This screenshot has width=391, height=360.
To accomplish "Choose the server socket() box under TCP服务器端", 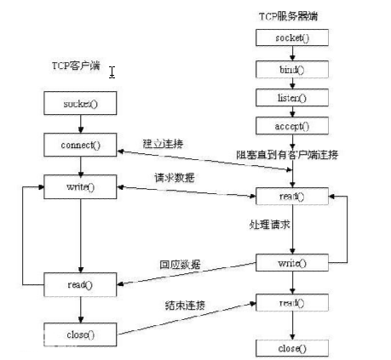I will (291, 39).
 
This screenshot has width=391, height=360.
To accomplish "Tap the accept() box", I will (291, 126).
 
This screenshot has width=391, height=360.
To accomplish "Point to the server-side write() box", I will (291, 263).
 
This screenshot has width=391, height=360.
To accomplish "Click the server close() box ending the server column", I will (291, 349).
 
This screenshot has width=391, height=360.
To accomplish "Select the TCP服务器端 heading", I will (290, 16).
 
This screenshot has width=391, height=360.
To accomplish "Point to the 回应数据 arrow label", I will (181, 265).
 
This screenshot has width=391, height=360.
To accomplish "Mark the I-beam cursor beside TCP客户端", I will (112, 71).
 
